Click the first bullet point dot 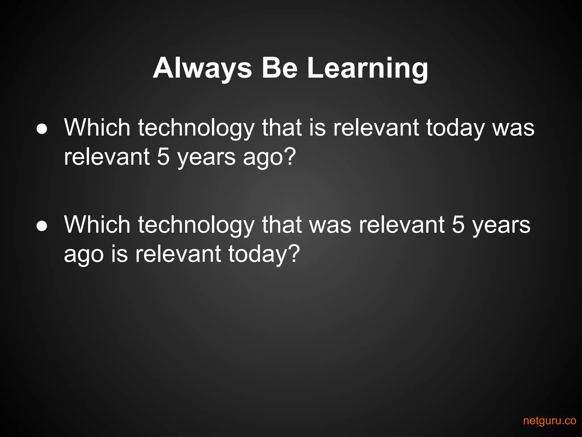click(x=42, y=129)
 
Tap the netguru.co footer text click(x=550, y=420)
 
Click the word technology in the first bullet click(x=196, y=128)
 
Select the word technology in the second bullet click(x=196, y=225)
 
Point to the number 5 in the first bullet click(x=163, y=157)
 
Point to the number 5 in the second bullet click(x=458, y=225)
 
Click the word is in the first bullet click(x=317, y=128)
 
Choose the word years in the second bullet click(x=501, y=225)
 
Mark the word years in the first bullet click(x=207, y=157)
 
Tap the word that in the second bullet click(x=282, y=225)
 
